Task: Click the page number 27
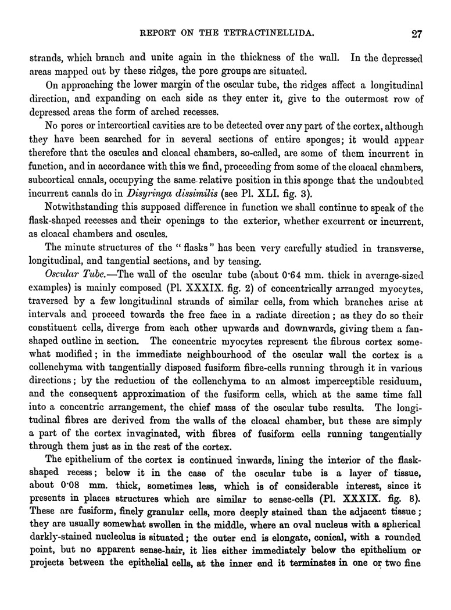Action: tap(415, 33)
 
